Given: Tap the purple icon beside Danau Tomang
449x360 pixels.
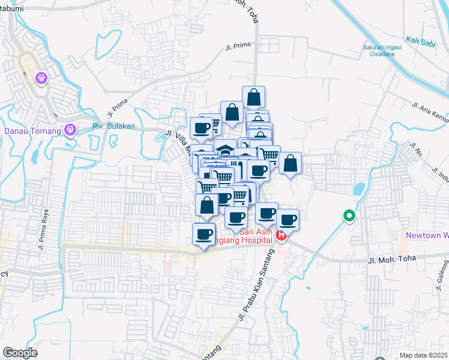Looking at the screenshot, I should click(x=71, y=129).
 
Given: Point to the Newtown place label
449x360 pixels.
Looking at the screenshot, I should click(x=427, y=235).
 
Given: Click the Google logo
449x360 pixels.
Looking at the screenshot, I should click(x=20, y=353).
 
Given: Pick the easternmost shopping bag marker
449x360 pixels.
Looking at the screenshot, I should click(x=290, y=163).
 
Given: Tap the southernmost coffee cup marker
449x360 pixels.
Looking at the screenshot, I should click(x=204, y=233).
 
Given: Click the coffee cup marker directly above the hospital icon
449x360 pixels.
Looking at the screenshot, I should click(x=288, y=219).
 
